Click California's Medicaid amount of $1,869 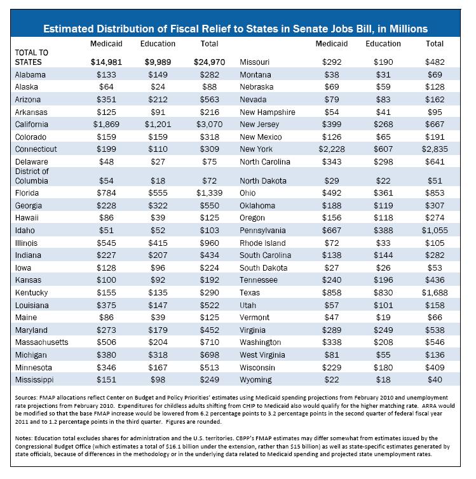(x=106, y=125)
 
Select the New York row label (x=256, y=149)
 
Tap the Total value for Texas (x=435, y=293)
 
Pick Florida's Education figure (x=158, y=193)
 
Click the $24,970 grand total (x=209, y=62)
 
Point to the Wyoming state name (x=255, y=380)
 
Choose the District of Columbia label (x=32, y=176)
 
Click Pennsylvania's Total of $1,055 (x=435, y=231)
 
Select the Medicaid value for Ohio (x=332, y=193)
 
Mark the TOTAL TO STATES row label (x=32, y=57)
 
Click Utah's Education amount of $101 (x=383, y=305)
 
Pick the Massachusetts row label (x=41, y=342)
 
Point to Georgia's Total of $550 (x=209, y=206)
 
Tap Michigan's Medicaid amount (x=106, y=355)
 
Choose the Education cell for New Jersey (x=383, y=125)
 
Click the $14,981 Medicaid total (x=106, y=62)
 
